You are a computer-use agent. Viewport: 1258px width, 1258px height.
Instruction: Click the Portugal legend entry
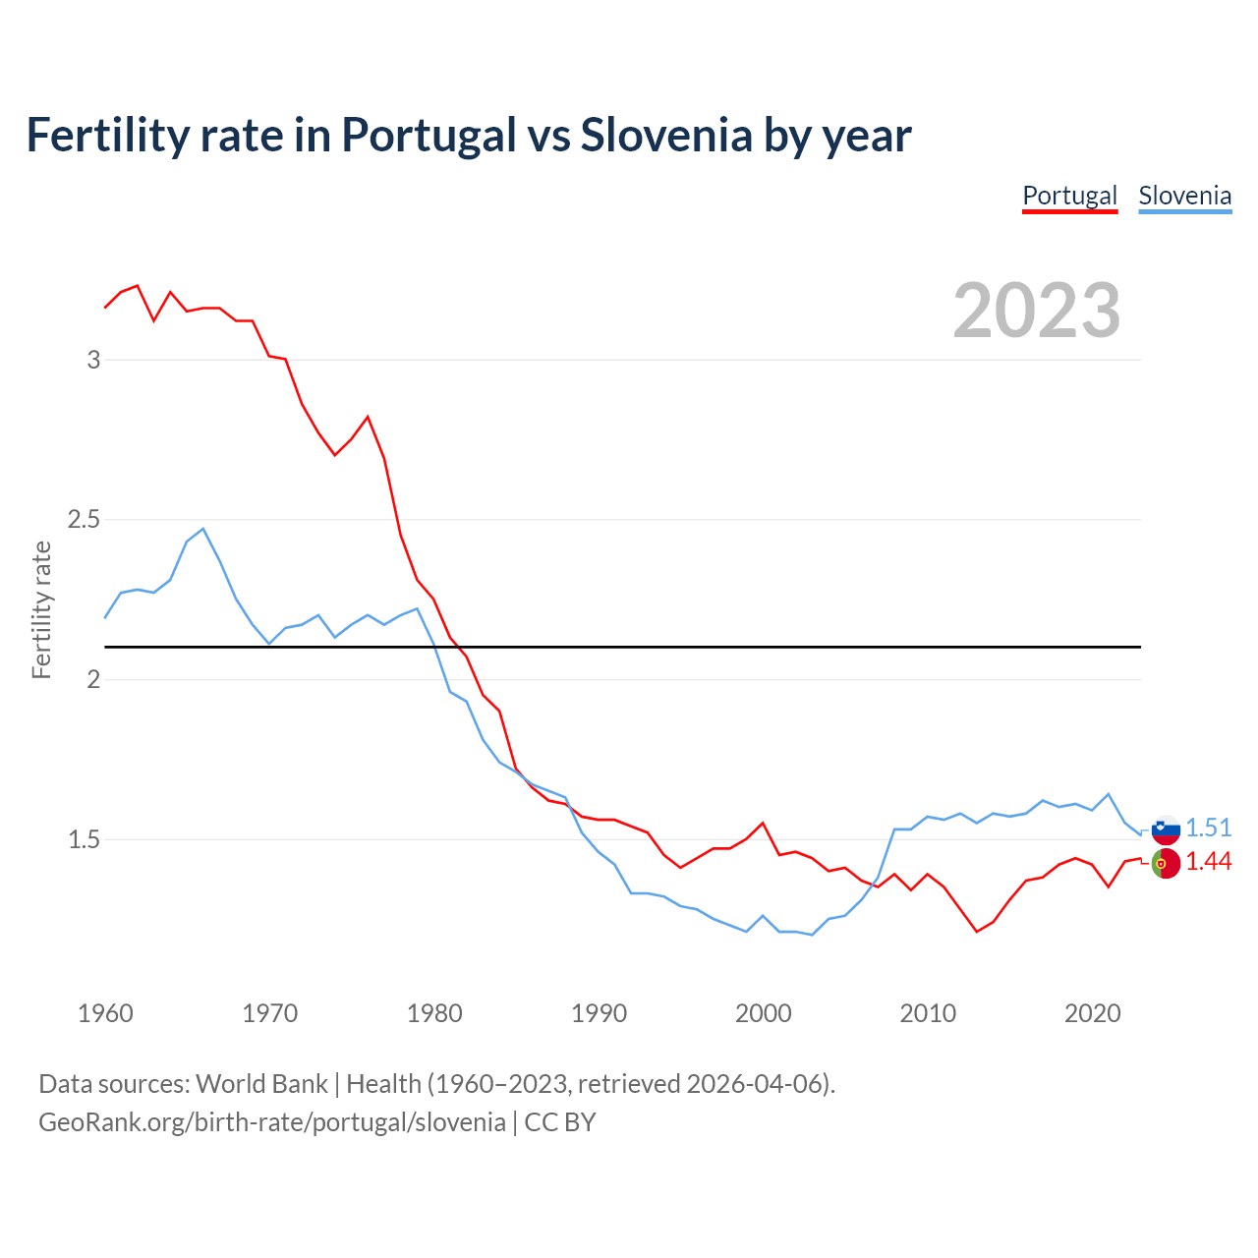coord(1069,196)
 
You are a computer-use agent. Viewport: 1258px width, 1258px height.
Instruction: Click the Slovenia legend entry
coord(1184,196)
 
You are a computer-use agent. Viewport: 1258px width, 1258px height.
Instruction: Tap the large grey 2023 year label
coord(1037,311)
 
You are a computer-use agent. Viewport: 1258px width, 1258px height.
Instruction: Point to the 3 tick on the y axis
coord(94,360)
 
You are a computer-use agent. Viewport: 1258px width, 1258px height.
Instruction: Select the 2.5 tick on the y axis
coord(85,519)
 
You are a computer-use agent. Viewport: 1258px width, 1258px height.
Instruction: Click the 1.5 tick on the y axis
coord(85,839)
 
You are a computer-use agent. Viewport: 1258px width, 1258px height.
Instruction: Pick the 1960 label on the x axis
coord(105,1013)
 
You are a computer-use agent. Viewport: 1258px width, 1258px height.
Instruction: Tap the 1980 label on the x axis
coord(434,1013)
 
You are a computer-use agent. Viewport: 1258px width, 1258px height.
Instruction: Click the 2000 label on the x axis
coord(763,1013)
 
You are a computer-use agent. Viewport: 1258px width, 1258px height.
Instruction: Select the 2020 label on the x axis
coord(1092,1013)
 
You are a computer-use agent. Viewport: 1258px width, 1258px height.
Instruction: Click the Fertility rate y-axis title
coord(41,609)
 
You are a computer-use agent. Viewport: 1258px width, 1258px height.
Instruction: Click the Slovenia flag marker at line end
coord(1166,829)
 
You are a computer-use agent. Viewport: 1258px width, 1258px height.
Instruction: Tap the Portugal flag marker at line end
coord(1166,863)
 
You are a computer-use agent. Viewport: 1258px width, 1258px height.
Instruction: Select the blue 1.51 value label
coord(1208,828)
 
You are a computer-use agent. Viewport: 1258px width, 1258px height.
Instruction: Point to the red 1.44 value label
coord(1208,862)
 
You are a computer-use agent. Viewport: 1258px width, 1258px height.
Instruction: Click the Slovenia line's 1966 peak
coord(203,529)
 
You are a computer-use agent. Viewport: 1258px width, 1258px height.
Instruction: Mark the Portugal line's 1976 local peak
coord(368,417)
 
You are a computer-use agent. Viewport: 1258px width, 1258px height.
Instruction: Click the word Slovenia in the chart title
coord(666,135)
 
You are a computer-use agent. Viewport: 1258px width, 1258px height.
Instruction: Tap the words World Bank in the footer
coord(261,1084)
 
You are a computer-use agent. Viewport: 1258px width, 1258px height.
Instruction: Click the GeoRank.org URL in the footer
coord(272,1122)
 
